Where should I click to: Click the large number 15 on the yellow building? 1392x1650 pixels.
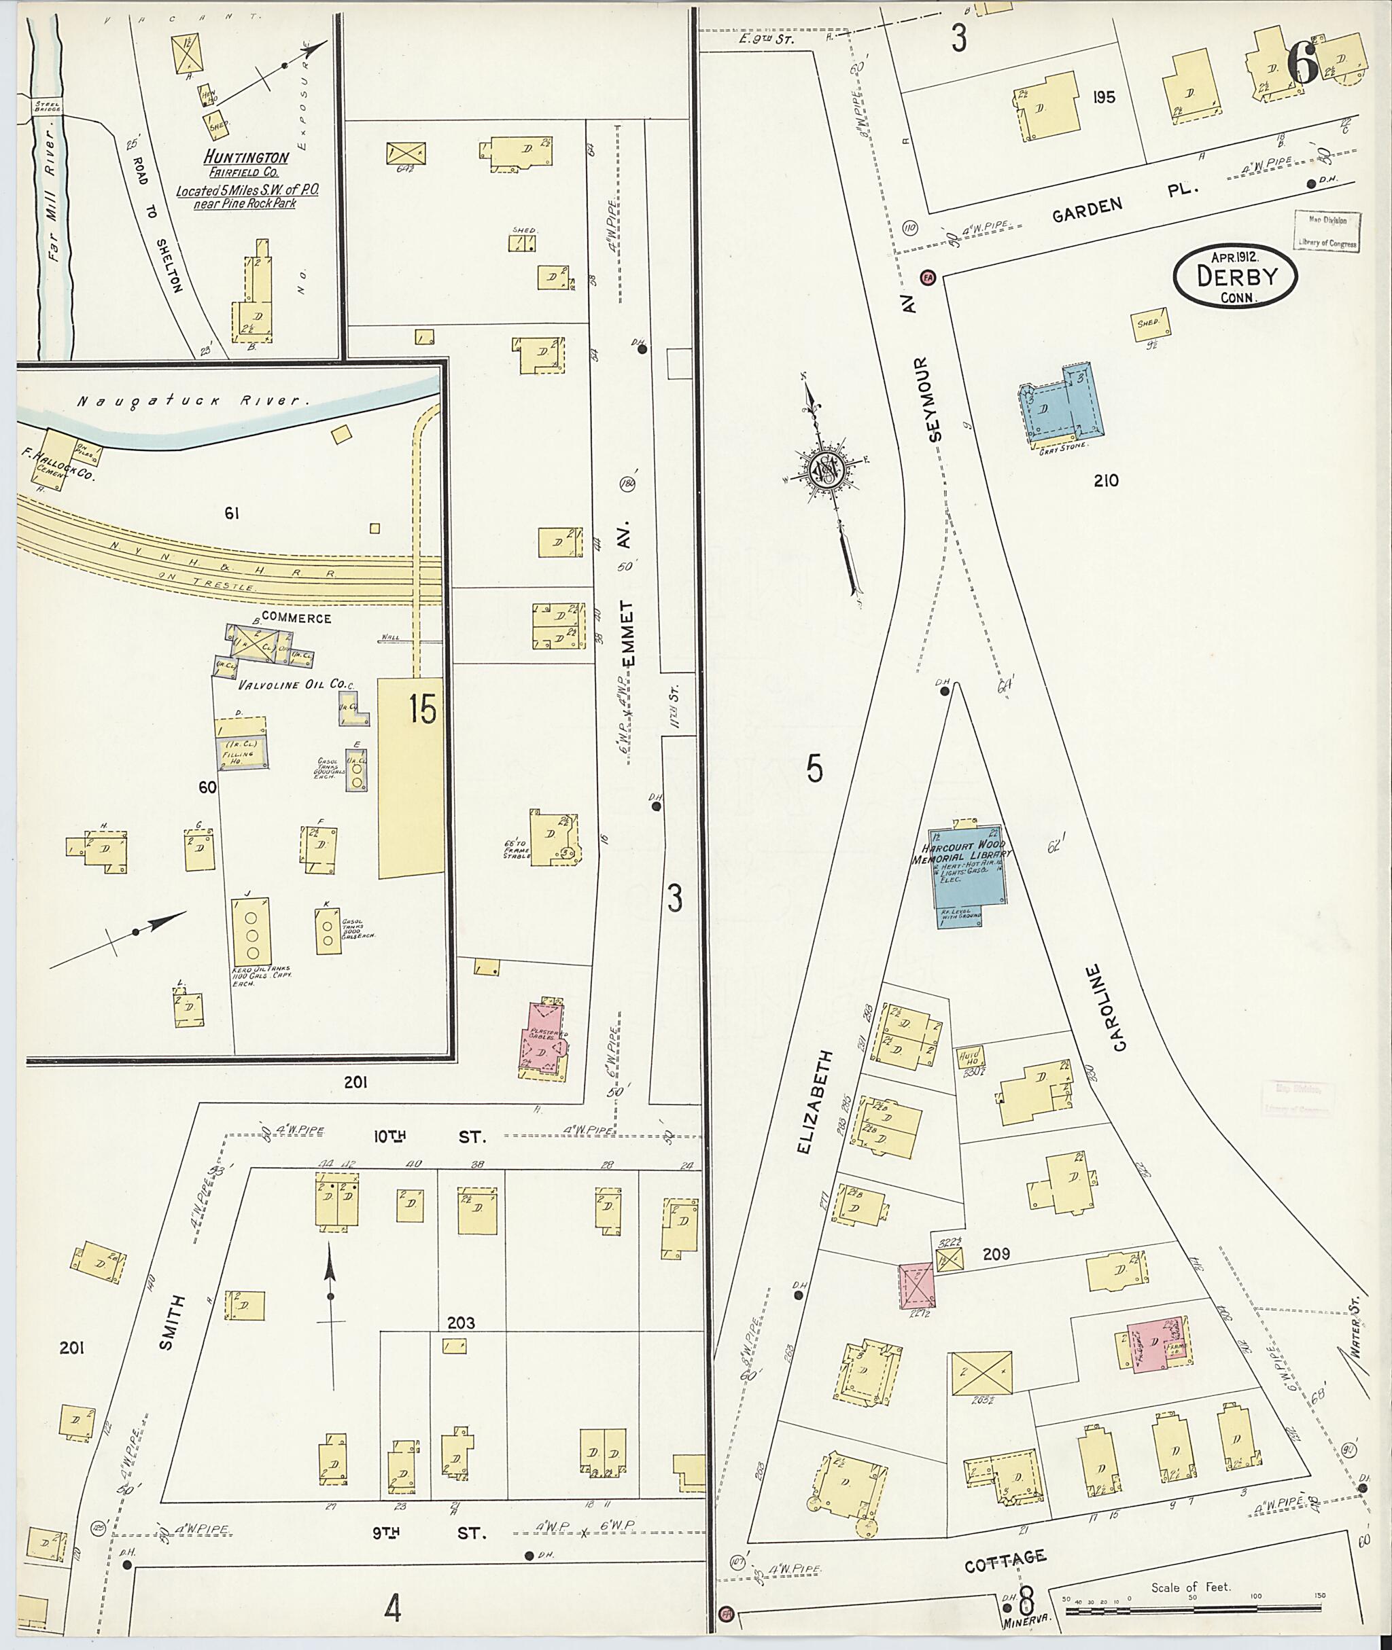[422, 710]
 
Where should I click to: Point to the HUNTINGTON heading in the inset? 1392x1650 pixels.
[244, 158]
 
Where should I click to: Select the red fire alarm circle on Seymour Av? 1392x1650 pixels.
[928, 277]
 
